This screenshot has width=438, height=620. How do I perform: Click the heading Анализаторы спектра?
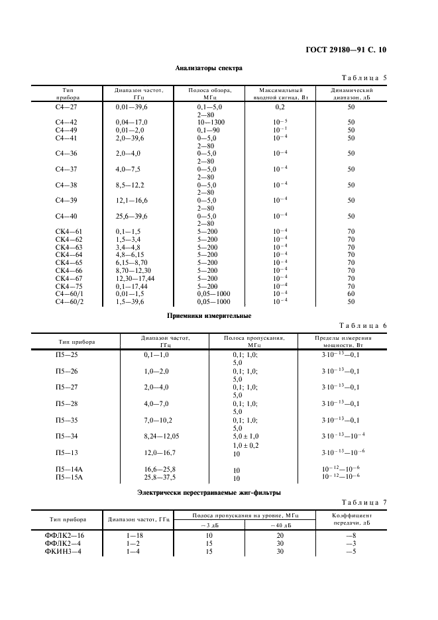pyautogui.click(x=209, y=68)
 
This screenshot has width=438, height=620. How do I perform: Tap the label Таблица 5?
pyautogui.click(x=363, y=77)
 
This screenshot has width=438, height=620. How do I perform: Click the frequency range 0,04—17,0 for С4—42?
pyautogui.click(x=131, y=123)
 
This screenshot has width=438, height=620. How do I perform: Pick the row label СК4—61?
pyautogui.click(x=68, y=231)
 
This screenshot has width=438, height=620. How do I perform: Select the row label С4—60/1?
pyautogui.click(x=68, y=293)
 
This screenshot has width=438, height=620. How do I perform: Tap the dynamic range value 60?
pyautogui.click(x=351, y=293)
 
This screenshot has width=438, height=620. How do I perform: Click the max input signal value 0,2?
pyautogui.click(x=280, y=106)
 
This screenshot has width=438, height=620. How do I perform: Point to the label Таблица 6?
pyautogui.click(x=363, y=326)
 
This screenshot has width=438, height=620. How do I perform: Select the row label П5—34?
pyautogui.click(x=66, y=435)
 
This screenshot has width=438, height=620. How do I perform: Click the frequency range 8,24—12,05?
pyautogui.click(x=161, y=435)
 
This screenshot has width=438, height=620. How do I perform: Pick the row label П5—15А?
pyautogui.click(x=68, y=476)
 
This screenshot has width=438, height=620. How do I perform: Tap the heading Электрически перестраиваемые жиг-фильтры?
pyautogui.click(x=209, y=492)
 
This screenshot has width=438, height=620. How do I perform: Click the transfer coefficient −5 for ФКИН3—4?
pyautogui.click(x=351, y=550)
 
